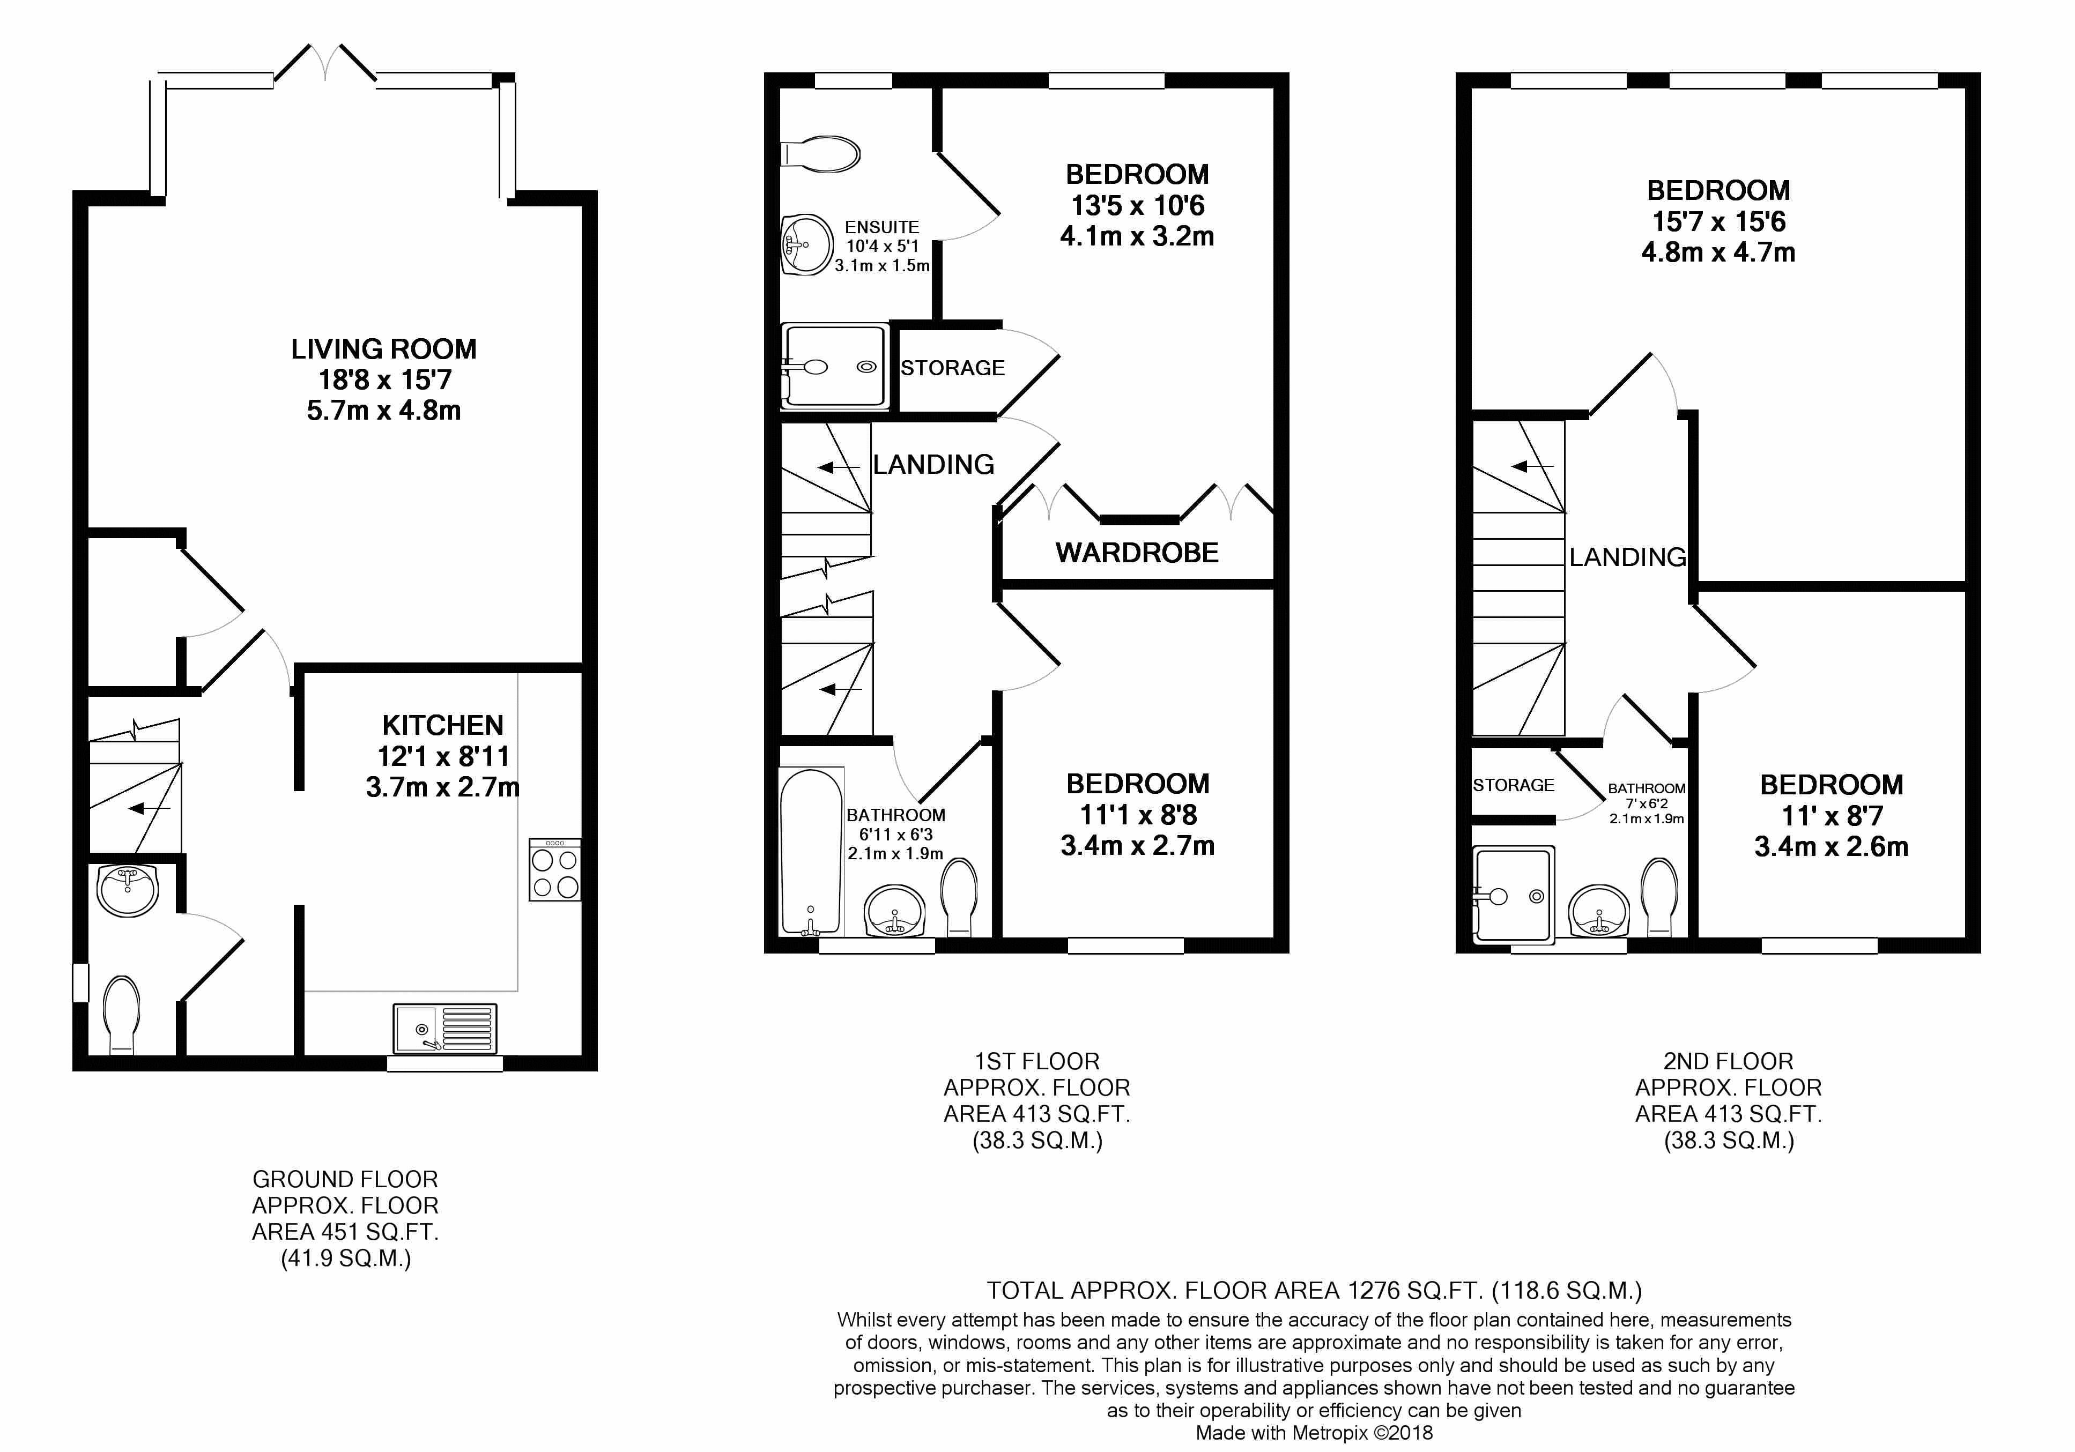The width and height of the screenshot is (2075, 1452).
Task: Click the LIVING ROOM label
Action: pos(383,349)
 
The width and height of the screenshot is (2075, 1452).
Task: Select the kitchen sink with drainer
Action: pos(444,1028)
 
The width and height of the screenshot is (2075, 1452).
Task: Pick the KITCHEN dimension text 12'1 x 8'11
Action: pos(443,756)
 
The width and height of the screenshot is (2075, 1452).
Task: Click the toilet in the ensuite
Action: pos(820,154)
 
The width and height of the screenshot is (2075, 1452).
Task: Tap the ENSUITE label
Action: pos(882,227)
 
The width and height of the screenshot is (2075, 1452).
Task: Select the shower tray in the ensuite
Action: pos(834,366)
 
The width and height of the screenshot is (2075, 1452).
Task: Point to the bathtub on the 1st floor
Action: pos(812,851)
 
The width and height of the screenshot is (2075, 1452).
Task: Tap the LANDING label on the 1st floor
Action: pos(933,464)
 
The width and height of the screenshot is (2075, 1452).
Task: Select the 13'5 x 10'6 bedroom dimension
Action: pos(1137,206)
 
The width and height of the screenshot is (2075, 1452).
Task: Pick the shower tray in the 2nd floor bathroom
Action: pos(1514,895)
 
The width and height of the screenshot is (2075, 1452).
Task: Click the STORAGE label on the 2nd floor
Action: pos(1514,785)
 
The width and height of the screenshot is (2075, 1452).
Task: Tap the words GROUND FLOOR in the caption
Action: pos(345,1179)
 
